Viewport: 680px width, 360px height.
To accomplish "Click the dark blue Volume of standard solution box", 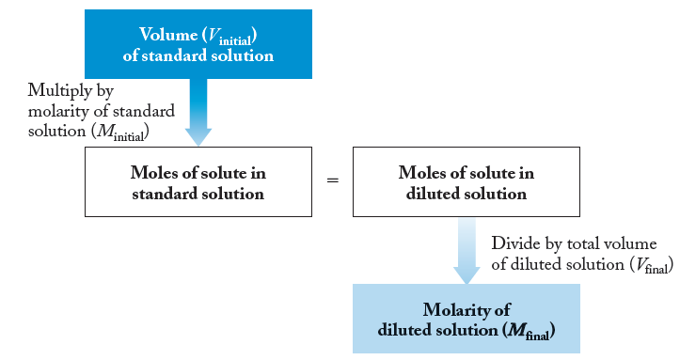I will [x=198, y=44].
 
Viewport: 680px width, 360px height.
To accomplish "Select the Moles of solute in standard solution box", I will [x=198, y=183].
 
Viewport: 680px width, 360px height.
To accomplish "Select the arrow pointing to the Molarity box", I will [x=467, y=251].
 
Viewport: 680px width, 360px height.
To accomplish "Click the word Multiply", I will [x=56, y=90].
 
